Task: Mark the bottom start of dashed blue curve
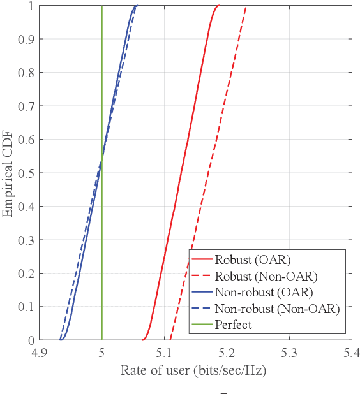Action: pyautogui.click(x=60, y=339)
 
